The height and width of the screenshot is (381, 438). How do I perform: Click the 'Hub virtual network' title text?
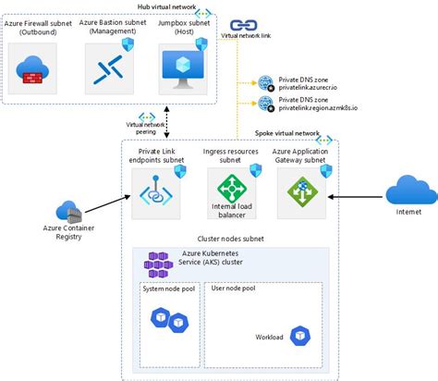click(164, 6)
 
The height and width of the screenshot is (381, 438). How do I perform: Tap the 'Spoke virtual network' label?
click(287, 133)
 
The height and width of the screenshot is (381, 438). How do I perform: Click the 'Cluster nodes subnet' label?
click(225, 239)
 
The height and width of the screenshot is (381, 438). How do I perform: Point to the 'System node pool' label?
click(169, 288)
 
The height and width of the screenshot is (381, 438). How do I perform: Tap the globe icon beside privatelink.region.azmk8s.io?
click(266, 104)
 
